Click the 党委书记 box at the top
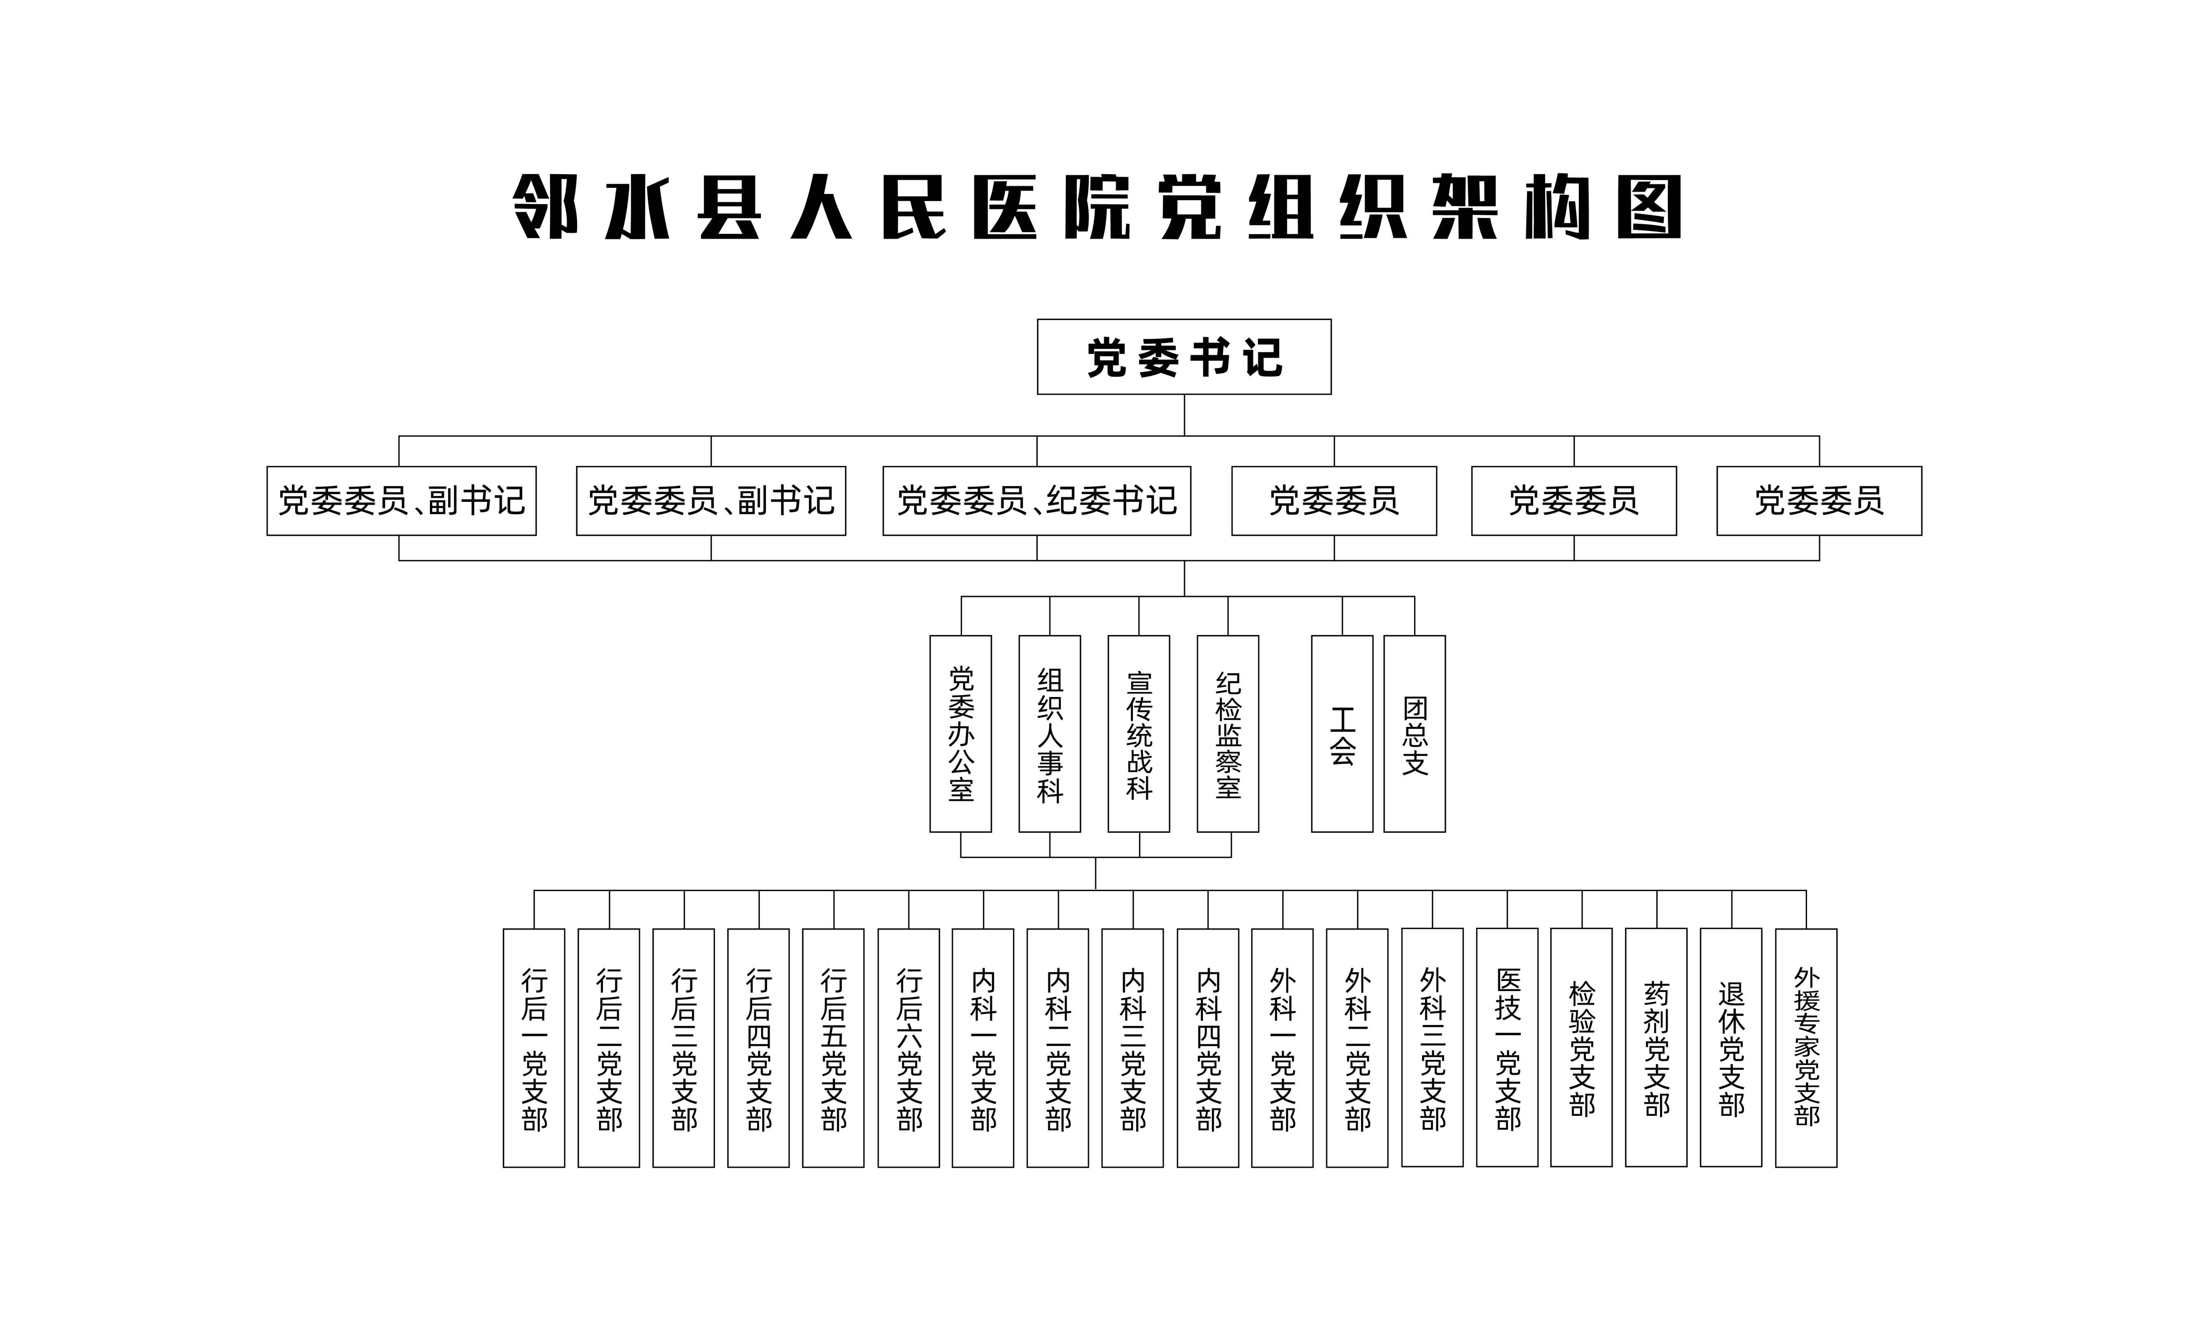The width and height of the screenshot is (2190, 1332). coord(1184,356)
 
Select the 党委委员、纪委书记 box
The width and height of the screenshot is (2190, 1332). coord(1037,500)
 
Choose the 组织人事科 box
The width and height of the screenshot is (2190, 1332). coord(1050,733)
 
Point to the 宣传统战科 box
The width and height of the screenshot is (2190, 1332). coord(1139,733)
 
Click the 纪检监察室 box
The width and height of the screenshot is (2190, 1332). coord(1228,733)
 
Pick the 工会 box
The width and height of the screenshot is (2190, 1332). coord(1342,733)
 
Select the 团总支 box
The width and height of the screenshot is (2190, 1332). coord(1414,733)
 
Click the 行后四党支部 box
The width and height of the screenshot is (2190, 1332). coord(758,1047)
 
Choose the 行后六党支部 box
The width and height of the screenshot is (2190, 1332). coord(908,1047)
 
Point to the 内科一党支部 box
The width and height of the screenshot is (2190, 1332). coord(983,1047)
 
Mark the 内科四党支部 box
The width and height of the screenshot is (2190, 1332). coord(1208,1047)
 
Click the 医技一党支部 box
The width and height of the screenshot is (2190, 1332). coord(1507,1047)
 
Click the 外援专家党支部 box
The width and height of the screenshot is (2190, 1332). coord(1806,1047)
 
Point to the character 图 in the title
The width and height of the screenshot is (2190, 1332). coord(1649,207)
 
